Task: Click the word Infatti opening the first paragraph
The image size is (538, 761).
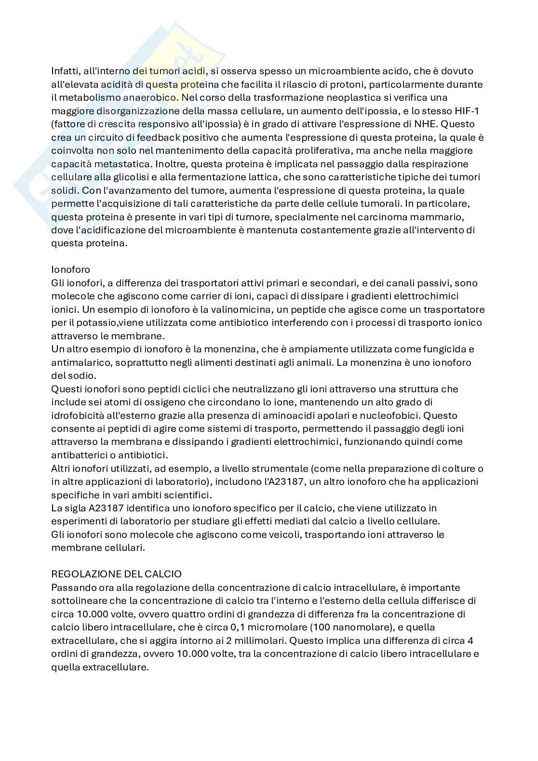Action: click(x=65, y=71)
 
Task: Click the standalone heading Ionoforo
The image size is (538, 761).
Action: click(x=70, y=269)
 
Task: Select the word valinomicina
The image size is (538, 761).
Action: click(x=276, y=309)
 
